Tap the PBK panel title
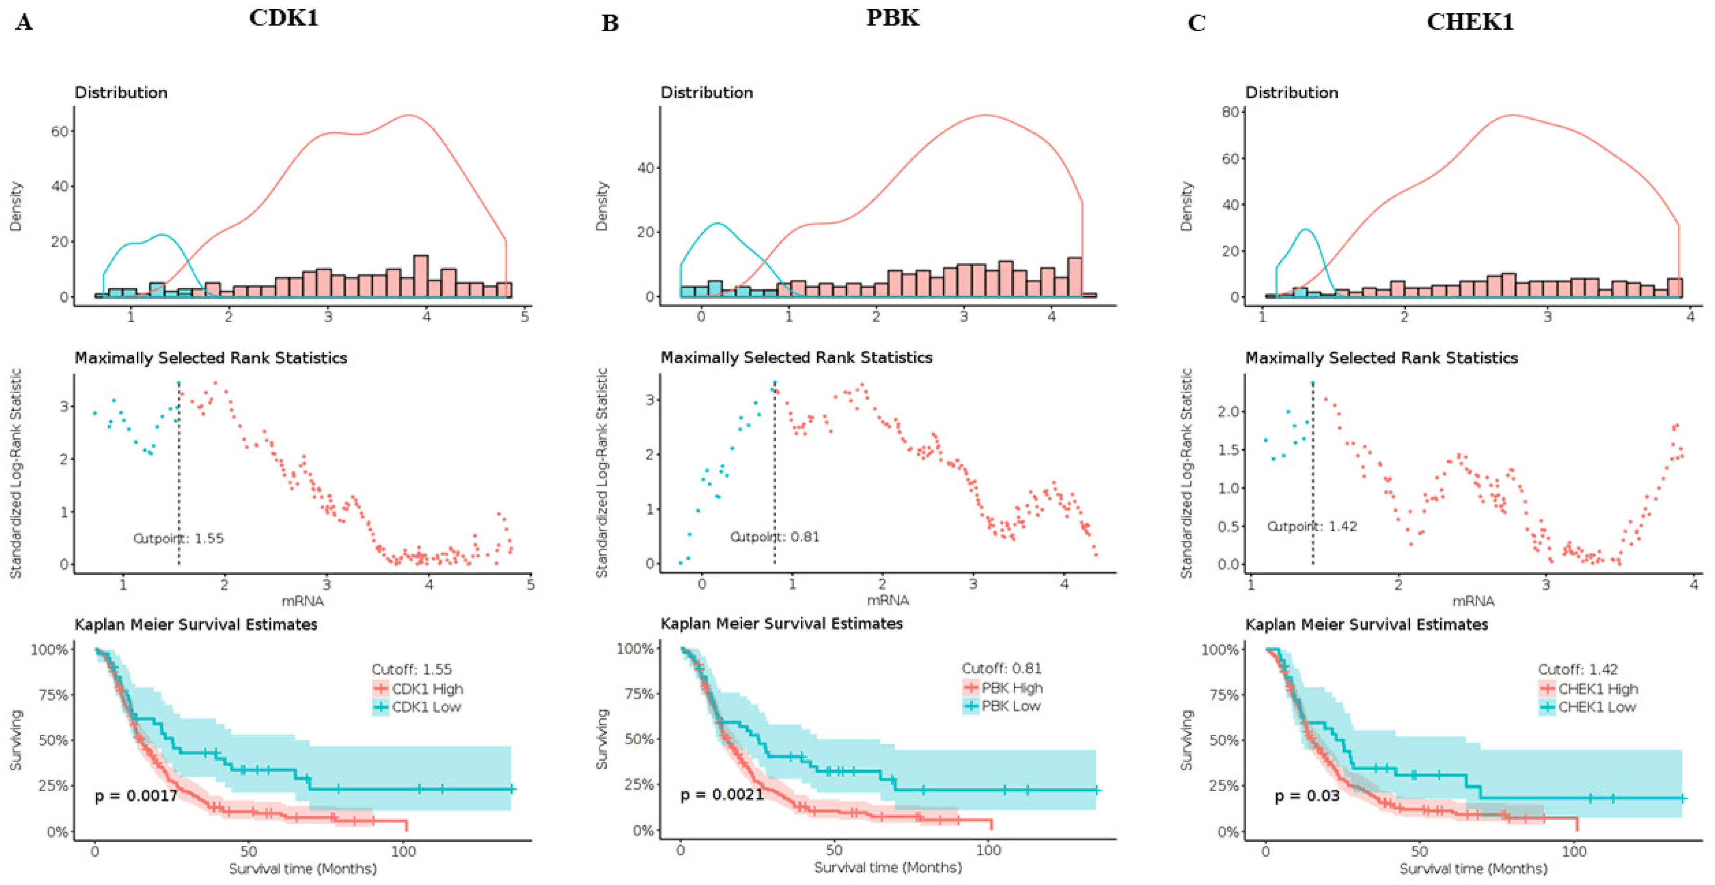892,18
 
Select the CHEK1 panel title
1470,22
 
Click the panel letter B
610,23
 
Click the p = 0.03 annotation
1307,796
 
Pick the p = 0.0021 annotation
722,794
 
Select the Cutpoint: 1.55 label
178,538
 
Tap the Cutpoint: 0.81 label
774,537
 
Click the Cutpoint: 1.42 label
1312,526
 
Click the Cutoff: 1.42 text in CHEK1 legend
1577,669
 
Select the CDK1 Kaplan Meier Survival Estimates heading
196,624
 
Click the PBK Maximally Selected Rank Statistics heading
796,358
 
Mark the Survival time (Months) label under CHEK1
1473,868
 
